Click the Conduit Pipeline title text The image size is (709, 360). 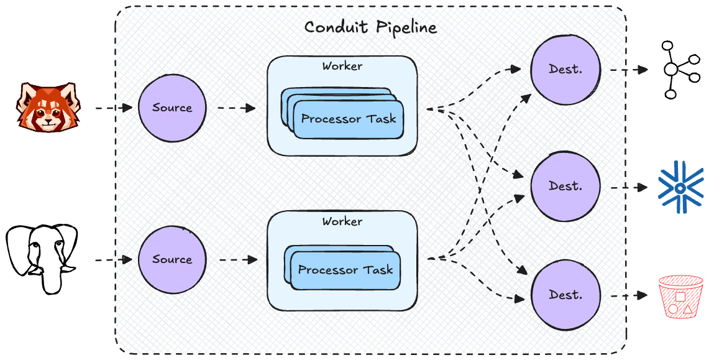coord(370,27)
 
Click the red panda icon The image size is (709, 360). coord(43,107)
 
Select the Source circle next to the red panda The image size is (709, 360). coord(172,108)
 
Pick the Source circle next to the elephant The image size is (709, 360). coord(172,259)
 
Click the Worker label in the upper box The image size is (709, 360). coord(342,66)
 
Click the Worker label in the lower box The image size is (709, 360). coord(342,221)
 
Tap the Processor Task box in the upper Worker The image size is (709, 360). coord(349,119)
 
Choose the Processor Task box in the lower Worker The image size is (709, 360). coord(345,270)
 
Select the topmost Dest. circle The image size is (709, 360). coord(565,69)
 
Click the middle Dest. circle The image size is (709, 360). coord(565,185)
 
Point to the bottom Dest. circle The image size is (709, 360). coord(565,295)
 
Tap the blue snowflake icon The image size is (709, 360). coord(680,186)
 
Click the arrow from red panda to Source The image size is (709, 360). coord(114,108)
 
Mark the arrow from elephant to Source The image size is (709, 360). coord(114,259)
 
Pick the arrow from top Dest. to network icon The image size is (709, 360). coord(629,70)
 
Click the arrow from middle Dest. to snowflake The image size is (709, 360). coord(629,186)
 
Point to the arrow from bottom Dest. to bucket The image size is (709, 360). coord(629,295)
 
